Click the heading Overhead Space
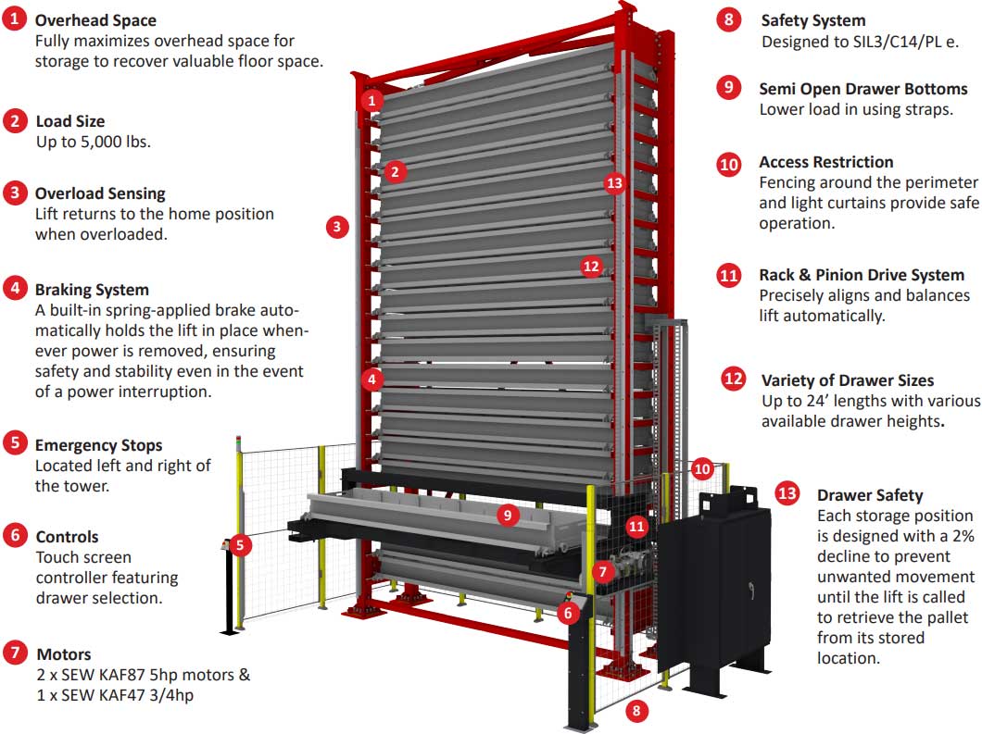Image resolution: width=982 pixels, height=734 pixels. pos(95,19)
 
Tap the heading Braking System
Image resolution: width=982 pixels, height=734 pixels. pos(92,290)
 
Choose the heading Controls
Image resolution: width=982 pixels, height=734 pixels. pos(67,537)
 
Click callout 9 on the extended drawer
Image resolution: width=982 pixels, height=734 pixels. pos(507,515)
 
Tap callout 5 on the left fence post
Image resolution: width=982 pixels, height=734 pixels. pos(239,544)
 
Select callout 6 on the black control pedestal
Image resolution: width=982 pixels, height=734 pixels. pos(569,612)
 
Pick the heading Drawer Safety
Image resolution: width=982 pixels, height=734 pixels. pos(870,495)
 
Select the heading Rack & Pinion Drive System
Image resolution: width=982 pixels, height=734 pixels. pos(862,275)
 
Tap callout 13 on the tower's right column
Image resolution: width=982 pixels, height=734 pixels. pos(614,182)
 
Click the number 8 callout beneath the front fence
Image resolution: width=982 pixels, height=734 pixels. pos(636,711)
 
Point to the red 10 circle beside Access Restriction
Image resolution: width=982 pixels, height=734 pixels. pos(730,164)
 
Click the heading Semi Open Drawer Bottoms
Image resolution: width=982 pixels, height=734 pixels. pos(863,89)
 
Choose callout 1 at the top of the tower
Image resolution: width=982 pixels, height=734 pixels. pos(371,100)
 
